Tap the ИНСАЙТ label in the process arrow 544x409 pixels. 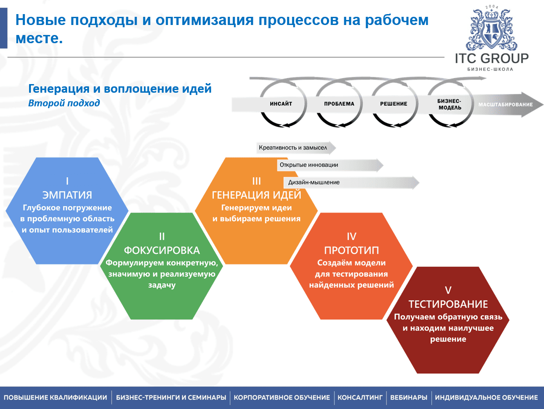coord(281,104)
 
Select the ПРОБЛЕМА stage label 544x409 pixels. coord(339,104)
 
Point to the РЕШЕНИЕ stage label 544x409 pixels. coord(393,104)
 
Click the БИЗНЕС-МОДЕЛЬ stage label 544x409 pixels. coord(449,104)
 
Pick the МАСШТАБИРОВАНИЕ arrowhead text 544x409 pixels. coord(505,105)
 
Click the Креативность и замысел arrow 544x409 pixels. coord(296,148)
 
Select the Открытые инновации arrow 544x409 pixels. coord(330,165)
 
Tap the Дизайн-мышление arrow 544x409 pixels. coord(351,182)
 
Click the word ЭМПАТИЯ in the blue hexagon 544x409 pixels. coord(67,195)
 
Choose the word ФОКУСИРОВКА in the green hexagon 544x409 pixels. coord(162,250)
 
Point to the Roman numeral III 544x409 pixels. coord(257,181)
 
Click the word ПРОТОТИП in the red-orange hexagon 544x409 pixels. coord(351,250)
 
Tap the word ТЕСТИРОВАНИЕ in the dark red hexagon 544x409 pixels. coord(448,304)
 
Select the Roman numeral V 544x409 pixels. coord(448,290)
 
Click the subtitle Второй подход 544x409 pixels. coord(64,103)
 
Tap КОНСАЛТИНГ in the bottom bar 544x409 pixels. coord(360,398)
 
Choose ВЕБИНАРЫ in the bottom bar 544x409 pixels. coord(409,398)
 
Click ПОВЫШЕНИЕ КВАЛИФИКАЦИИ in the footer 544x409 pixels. coord(55,398)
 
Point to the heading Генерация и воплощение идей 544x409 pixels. coord(120,89)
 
